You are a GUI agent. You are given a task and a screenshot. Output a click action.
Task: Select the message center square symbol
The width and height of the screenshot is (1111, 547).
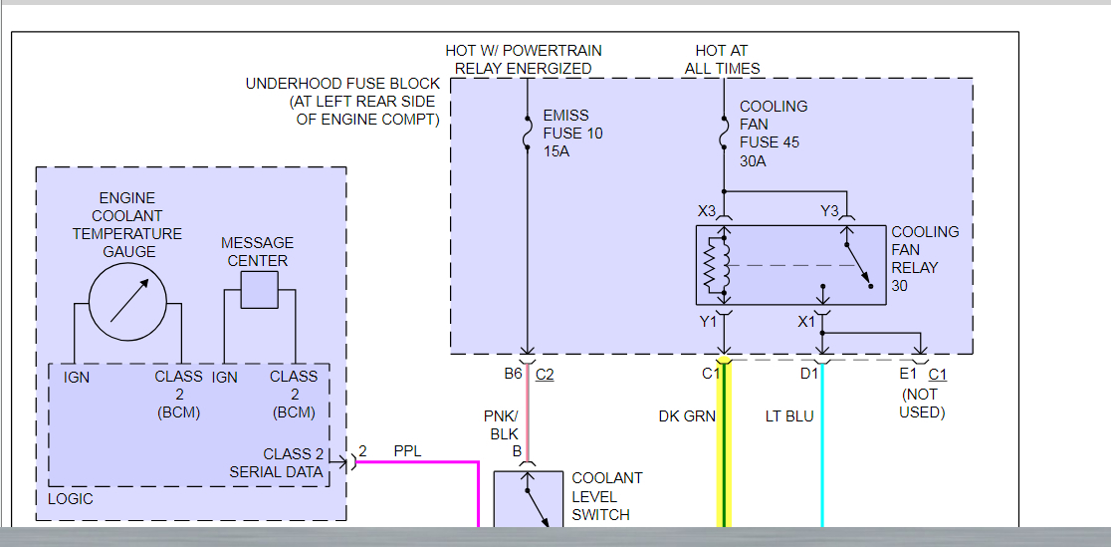click(x=260, y=289)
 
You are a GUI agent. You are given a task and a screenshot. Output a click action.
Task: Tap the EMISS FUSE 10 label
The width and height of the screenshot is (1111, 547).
click(x=572, y=133)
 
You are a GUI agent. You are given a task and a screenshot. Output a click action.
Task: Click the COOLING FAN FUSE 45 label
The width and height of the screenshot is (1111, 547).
click(x=774, y=133)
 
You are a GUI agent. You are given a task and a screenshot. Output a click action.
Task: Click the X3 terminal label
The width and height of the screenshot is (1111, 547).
click(x=707, y=211)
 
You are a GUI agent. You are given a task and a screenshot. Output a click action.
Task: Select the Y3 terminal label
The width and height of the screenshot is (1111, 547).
click(x=829, y=211)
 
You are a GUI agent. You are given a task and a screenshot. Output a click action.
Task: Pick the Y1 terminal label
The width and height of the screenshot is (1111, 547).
click(x=707, y=321)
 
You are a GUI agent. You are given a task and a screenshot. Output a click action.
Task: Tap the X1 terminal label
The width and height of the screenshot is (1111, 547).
click(x=806, y=321)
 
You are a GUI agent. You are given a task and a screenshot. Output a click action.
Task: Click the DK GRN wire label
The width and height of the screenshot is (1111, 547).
click(x=686, y=415)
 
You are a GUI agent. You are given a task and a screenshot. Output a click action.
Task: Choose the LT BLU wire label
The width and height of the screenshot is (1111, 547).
click(x=789, y=415)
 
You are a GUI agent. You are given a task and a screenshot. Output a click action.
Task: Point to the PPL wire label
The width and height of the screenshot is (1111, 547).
click(x=407, y=451)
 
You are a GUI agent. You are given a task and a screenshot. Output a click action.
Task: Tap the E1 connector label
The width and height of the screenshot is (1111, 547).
click(x=907, y=374)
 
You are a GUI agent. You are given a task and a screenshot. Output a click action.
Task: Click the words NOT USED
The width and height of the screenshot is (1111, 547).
click(x=921, y=404)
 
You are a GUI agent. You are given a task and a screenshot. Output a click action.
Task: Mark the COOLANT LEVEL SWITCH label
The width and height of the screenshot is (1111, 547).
click(x=606, y=496)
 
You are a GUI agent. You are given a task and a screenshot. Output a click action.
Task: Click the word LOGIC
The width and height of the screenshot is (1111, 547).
click(x=71, y=498)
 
